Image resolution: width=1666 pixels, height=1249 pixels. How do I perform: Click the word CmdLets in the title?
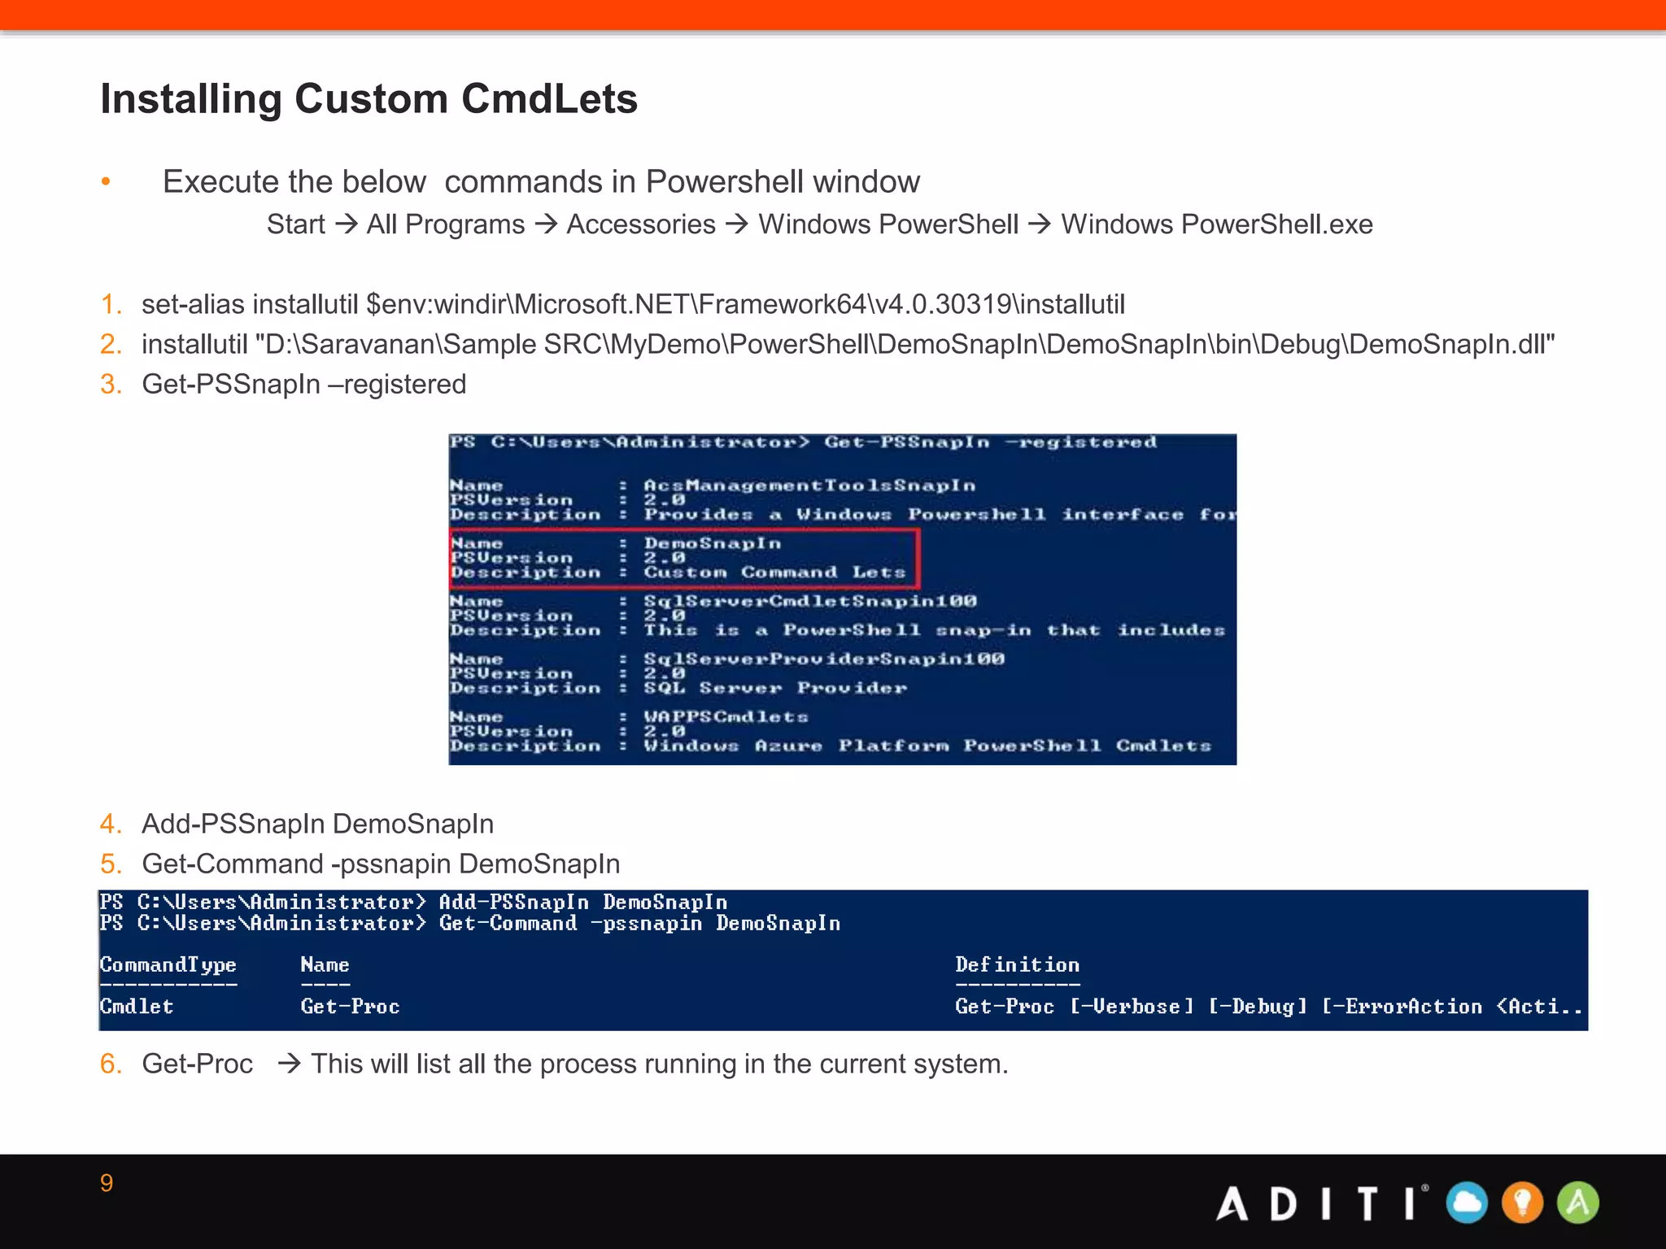click(x=549, y=99)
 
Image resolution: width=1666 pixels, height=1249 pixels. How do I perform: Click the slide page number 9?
click(x=107, y=1183)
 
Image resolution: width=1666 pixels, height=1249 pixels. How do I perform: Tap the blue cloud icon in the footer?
click(x=1468, y=1203)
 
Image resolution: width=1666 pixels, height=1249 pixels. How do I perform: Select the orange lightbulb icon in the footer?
click(x=1523, y=1203)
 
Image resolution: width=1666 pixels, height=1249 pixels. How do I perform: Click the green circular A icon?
click(x=1578, y=1203)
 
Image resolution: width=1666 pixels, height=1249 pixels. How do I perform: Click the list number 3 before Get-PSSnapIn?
click(x=110, y=385)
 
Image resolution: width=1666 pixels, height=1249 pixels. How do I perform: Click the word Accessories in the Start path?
click(x=641, y=224)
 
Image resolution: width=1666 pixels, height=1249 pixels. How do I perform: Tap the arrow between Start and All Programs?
click(x=347, y=224)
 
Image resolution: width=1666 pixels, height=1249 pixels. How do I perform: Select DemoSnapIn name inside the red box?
click(x=713, y=543)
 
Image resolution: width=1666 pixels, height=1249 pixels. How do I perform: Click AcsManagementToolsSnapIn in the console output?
click(x=809, y=485)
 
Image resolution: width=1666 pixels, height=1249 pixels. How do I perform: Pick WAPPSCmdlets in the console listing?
click(x=726, y=717)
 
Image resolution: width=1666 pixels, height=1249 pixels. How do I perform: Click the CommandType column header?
click(x=168, y=965)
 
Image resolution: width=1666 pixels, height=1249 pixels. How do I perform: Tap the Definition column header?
click(x=1017, y=965)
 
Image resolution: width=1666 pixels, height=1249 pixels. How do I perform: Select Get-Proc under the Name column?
click(x=350, y=1007)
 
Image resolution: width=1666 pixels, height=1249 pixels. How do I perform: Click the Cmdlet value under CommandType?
click(x=137, y=1007)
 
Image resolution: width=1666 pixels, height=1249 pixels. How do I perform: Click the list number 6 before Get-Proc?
click(x=110, y=1064)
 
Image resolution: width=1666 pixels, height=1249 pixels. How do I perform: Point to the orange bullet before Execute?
click(x=106, y=182)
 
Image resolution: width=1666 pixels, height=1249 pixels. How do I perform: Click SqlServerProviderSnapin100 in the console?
click(x=824, y=659)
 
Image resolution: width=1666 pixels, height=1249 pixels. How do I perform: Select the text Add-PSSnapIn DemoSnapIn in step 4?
click(x=317, y=825)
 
